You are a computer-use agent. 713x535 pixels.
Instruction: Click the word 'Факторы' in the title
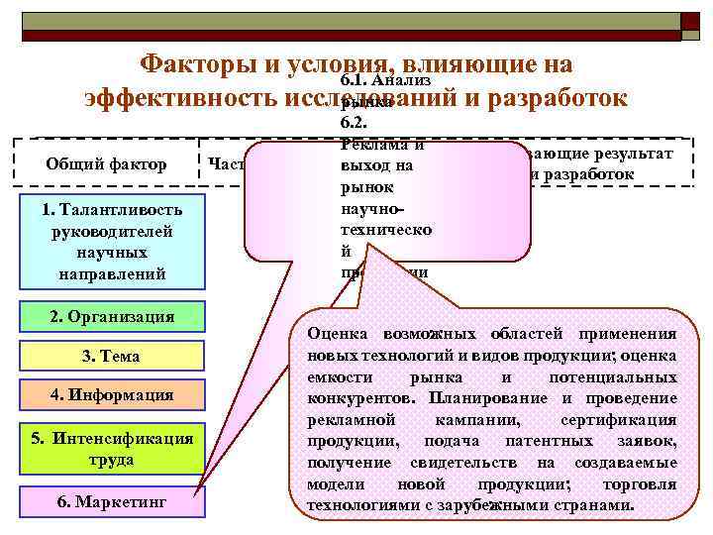[197, 64]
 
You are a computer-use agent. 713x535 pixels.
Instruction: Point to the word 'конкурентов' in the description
[362, 398]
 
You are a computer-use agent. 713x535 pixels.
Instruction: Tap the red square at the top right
[690, 21]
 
